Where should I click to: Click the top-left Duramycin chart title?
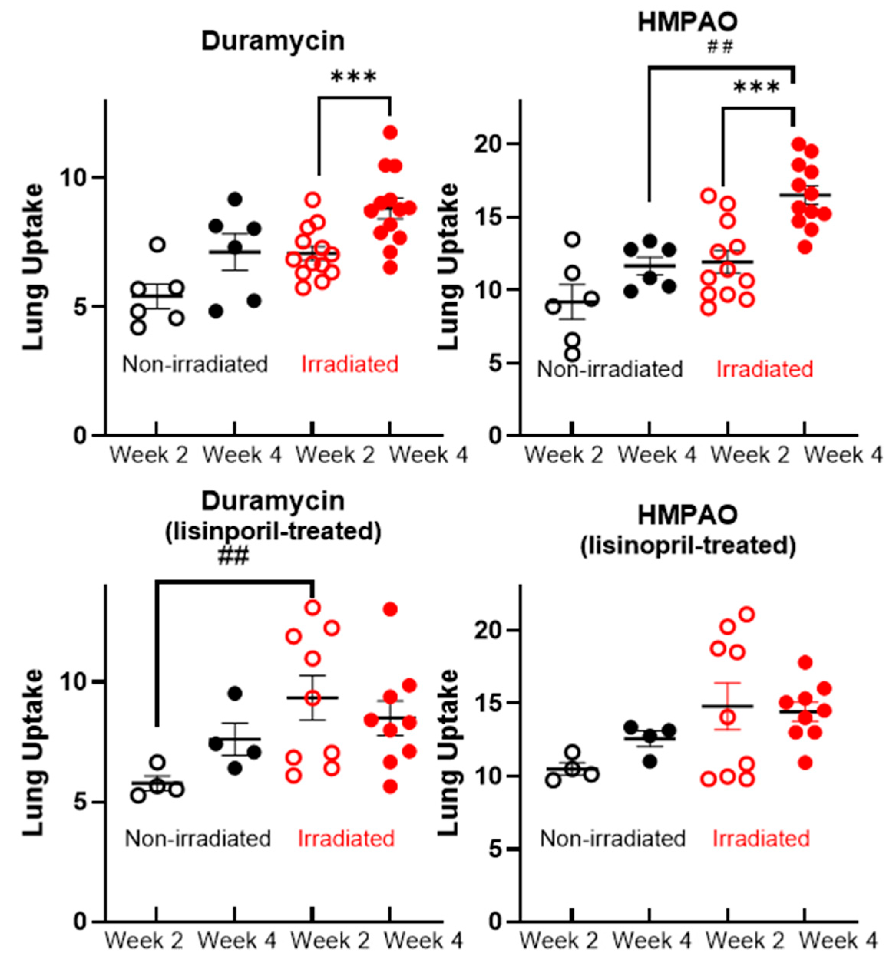tap(273, 41)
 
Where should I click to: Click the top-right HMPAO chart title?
tap(688, 22)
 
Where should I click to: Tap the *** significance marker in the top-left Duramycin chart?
tap(354, 77)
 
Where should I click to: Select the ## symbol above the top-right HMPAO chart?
tap(720, 47)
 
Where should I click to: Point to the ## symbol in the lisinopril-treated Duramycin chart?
tap(233, 557)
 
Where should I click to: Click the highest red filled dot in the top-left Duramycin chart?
tap(390, 132)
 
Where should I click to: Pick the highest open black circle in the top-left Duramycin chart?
tap(157, 244)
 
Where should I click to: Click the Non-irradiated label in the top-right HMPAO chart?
tap(610, 369)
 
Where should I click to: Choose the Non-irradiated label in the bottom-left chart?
tap(198, 839)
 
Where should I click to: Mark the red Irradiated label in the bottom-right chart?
tap(761, 839)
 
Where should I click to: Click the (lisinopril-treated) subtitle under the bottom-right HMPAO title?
tap(688, 546)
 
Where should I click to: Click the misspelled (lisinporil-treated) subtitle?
tap(273, 532)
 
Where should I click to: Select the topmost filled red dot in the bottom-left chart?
tap(390, 610)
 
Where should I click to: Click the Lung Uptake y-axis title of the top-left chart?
tap(34, 267)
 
